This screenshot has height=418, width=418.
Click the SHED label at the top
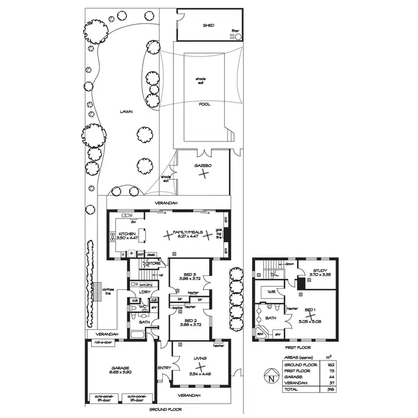[x=208, y=26]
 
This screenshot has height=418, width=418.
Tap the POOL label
[x=205, y=104]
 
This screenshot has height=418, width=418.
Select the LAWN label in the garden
[x=126, y=111]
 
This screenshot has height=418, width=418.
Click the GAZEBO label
[x=201, y=166]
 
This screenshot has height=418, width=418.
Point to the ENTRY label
[x=164, y=367]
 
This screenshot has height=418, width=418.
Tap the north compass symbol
[x=271, y=378]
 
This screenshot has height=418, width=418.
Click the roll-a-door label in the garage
[x=104, y=343]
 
